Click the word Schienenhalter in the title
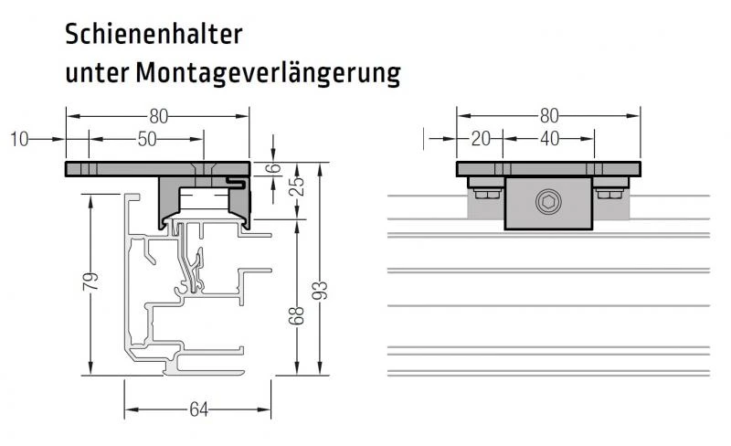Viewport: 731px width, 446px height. coord(153,35)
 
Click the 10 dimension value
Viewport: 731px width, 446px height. coord(20,139)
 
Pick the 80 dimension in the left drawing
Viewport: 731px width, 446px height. coord(158,117)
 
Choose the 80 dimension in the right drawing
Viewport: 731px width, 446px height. coord(548,117)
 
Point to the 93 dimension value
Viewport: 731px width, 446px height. coord(319,292)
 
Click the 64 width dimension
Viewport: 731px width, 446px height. coord(197,409)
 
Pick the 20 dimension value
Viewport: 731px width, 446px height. coord(481,139)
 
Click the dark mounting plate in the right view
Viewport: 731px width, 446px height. coord(548,169)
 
